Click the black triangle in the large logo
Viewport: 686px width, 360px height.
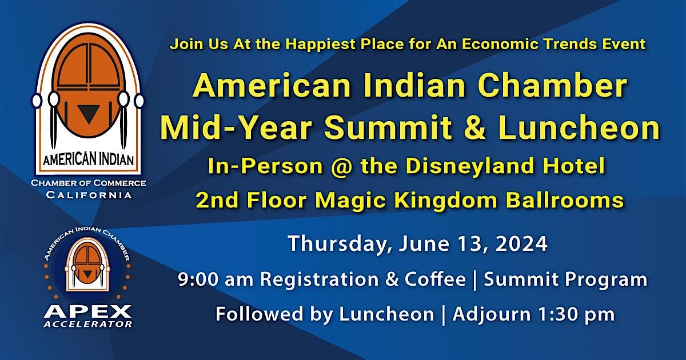(x=87, y=114)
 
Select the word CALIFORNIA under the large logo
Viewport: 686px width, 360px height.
(x=88, y=195)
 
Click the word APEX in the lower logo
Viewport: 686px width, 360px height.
(x=87, y=311)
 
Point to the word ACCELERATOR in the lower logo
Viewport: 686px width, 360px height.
(x=87, y=325)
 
